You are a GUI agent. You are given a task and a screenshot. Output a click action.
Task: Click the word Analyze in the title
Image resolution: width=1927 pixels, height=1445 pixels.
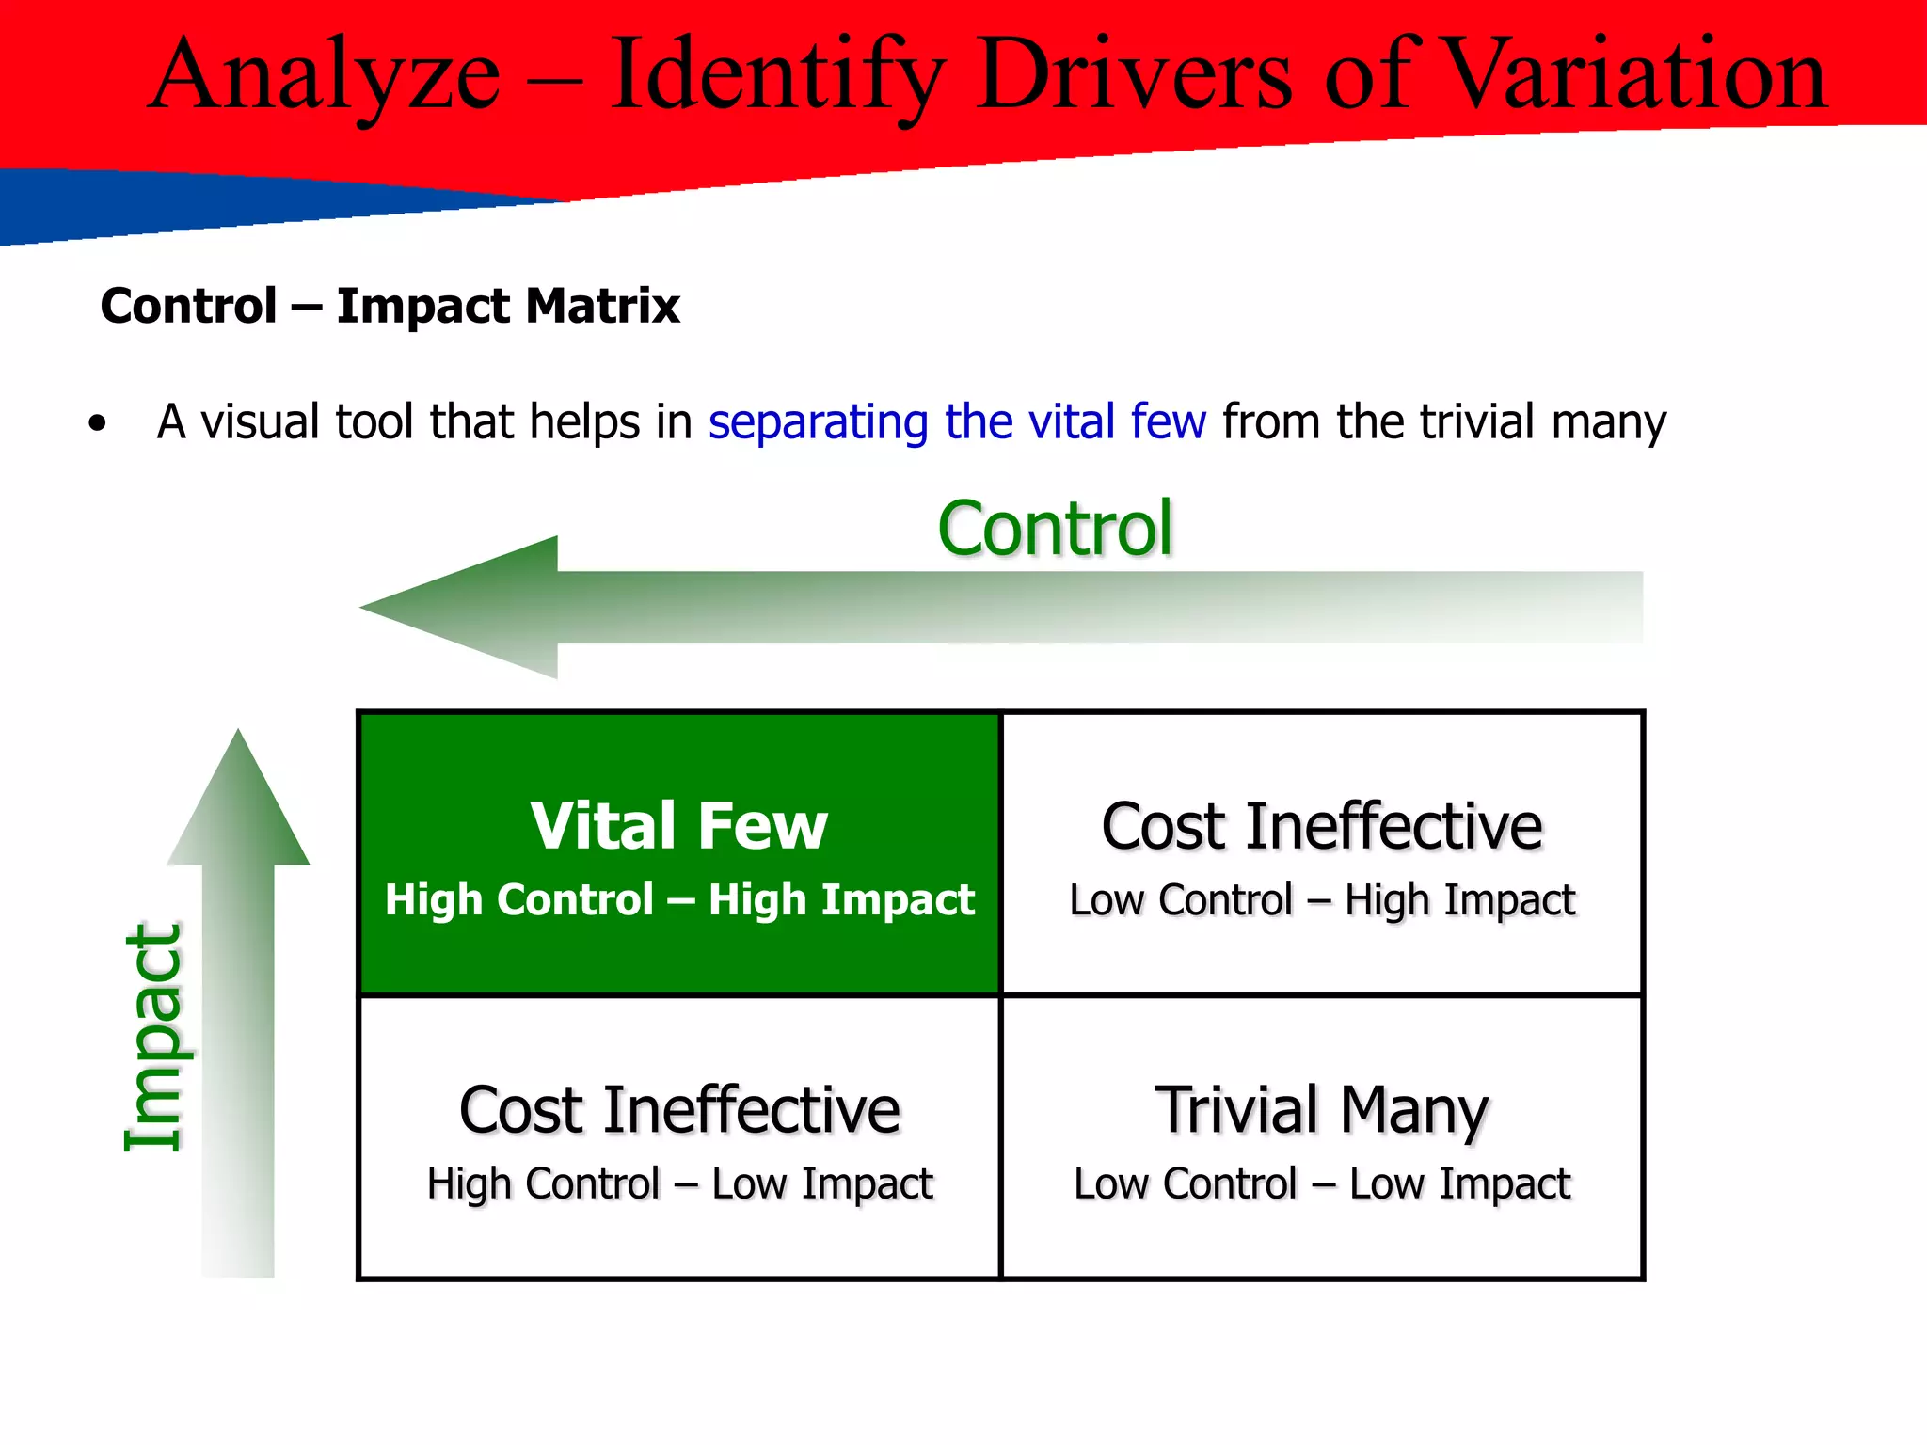[x=325, y=75]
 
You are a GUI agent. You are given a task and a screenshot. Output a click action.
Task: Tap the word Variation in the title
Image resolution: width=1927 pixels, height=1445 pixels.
[x=1633, y=75]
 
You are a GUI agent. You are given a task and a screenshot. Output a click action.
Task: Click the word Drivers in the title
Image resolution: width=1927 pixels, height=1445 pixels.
[x=1134, y=75]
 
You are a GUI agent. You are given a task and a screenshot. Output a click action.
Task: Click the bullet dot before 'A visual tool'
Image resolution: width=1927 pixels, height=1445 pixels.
[x=97, y=424]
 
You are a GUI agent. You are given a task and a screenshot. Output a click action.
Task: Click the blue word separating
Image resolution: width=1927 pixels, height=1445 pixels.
[x=818, y=421]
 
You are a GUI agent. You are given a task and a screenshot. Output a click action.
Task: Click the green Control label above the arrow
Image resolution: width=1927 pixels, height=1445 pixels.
[x=1055, y=529]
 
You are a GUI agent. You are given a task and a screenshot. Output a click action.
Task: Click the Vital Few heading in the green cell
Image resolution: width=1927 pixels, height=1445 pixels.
[x=678, y=826]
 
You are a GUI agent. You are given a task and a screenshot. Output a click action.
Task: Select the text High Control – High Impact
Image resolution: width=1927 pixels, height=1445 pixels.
[x=679, y=899]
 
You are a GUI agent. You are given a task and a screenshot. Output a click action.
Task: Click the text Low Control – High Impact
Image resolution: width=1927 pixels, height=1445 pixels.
[x=1321, y=899]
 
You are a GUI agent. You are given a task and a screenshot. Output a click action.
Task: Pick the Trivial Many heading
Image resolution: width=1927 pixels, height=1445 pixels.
[x=1321, y=1110]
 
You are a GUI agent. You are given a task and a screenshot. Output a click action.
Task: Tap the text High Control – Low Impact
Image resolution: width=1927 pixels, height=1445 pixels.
[x=679, y=1183]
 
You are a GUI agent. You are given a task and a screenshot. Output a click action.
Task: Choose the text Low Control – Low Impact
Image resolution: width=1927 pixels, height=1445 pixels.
[x=1321, y=1183]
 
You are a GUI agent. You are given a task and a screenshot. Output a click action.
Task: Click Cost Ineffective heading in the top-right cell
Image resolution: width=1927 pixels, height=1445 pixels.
[x=1321, y=826]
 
